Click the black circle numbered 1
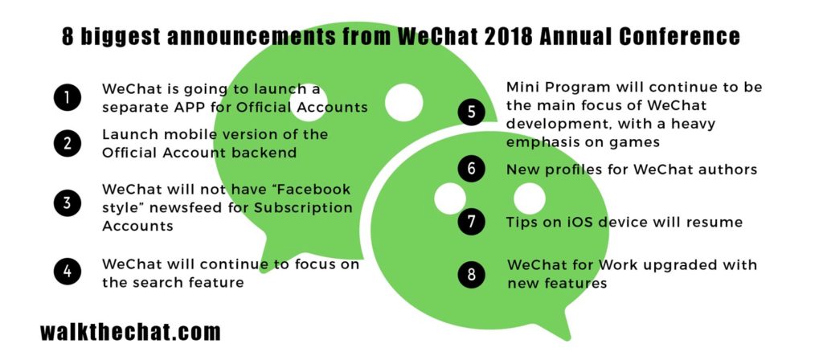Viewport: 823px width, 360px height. pos(67,97)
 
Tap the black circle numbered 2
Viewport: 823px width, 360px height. pos(67,143)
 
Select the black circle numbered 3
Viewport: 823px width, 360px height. pos(67,203)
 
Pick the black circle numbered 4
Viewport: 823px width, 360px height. pos(67,272)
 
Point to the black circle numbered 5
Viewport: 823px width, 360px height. pos(471,112)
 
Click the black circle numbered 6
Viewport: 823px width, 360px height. pos(471,169)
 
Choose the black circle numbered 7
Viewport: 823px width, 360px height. pos(471,222)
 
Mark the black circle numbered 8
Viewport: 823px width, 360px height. pos(471,275)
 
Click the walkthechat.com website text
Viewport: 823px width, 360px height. pos(130,332)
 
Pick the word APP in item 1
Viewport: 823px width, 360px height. pos(187,107)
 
